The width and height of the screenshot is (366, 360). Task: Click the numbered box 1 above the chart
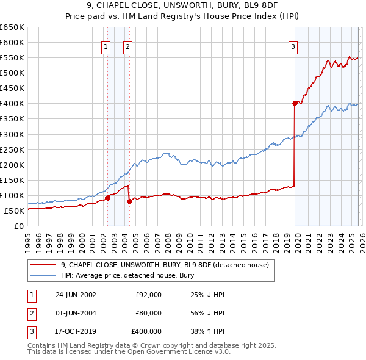(x=106, y=46)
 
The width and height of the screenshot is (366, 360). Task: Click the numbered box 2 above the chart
(x=127, y=46)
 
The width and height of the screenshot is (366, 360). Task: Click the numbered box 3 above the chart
(x=293, y=46)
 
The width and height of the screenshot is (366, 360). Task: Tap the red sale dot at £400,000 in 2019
(x=295, y=103)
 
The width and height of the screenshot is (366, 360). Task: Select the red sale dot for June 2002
(x=107, y=198)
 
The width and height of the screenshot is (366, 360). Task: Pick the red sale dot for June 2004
(x=129, y=201)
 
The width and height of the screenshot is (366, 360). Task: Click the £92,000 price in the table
(x=148, y=295)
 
